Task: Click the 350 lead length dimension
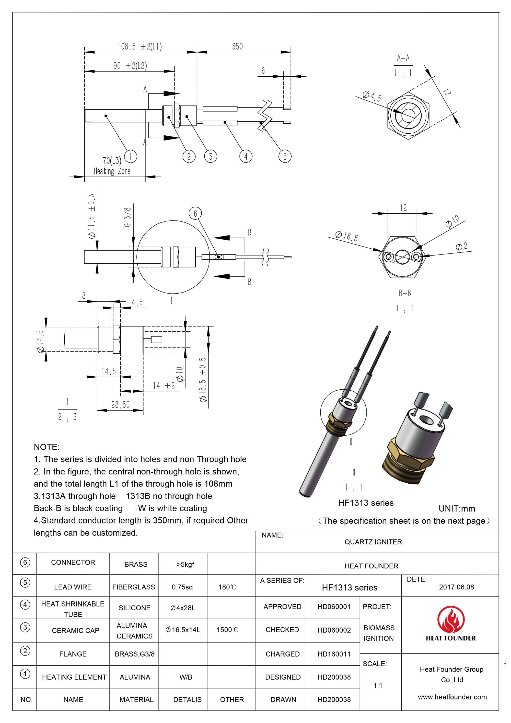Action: (x=237, y=46)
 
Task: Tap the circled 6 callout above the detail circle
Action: (x=195, y=214)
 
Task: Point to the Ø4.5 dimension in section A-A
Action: (x=371, y=96)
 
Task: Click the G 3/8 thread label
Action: (x=127, y=217)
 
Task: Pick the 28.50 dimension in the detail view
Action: (x=120, y=404)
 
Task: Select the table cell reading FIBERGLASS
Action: (x=133, y=587)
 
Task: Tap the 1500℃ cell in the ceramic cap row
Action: (x=227, y=630)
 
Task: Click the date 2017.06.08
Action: (x=456, y=587)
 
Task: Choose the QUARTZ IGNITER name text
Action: (x=373, y=542)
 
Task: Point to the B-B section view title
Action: (x=404, y=293)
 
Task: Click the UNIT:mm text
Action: (x=457, y=509)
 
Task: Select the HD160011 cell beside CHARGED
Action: (x=334, y=654)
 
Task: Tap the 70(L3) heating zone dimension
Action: (x=112, y=161)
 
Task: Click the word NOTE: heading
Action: (x=47, y=447)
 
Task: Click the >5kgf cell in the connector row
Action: (x=185, y=564)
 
